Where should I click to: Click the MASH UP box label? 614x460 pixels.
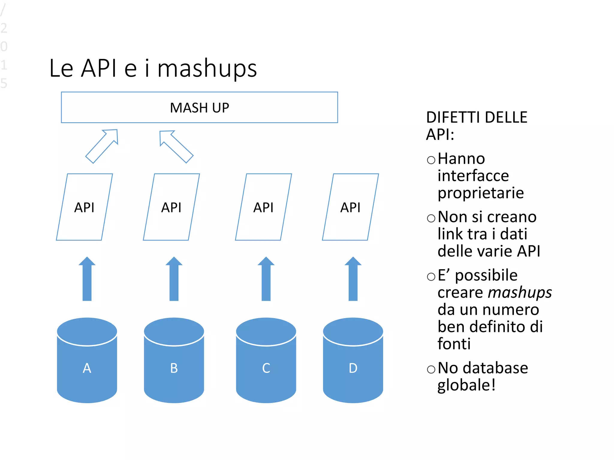click(x=199, y=108)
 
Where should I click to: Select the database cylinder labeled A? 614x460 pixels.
click(x=87, y=361)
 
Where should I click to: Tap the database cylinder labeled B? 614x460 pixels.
click(x=174, y=361)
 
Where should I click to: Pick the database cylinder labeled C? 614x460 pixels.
click(x=266, y=361)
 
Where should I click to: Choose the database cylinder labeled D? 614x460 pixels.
click(x=353, y=361)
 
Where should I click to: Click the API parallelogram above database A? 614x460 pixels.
click(x=85, y=207)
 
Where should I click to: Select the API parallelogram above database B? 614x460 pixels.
click(x=171, y=207)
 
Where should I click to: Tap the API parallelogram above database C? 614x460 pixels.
click(x=264, y=207)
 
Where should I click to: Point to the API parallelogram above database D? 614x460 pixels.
click(x=350, y=207)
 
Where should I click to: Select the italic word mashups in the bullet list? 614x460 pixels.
click(x=520, y=293)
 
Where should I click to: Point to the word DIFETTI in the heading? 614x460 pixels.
click(x=453, y=117)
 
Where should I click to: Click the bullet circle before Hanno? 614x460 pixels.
click(x=431, y=160)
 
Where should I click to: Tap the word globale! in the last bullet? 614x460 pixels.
click(x=466, y=385)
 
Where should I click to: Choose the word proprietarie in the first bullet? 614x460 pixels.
click(x=481, y=193)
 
